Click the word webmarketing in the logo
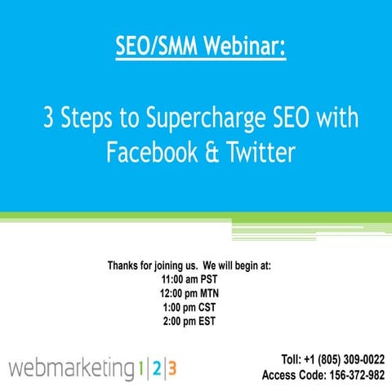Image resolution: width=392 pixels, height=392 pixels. [69, 367]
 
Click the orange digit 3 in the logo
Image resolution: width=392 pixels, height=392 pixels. [171, 367]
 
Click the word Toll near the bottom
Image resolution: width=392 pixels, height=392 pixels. [291, 359]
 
